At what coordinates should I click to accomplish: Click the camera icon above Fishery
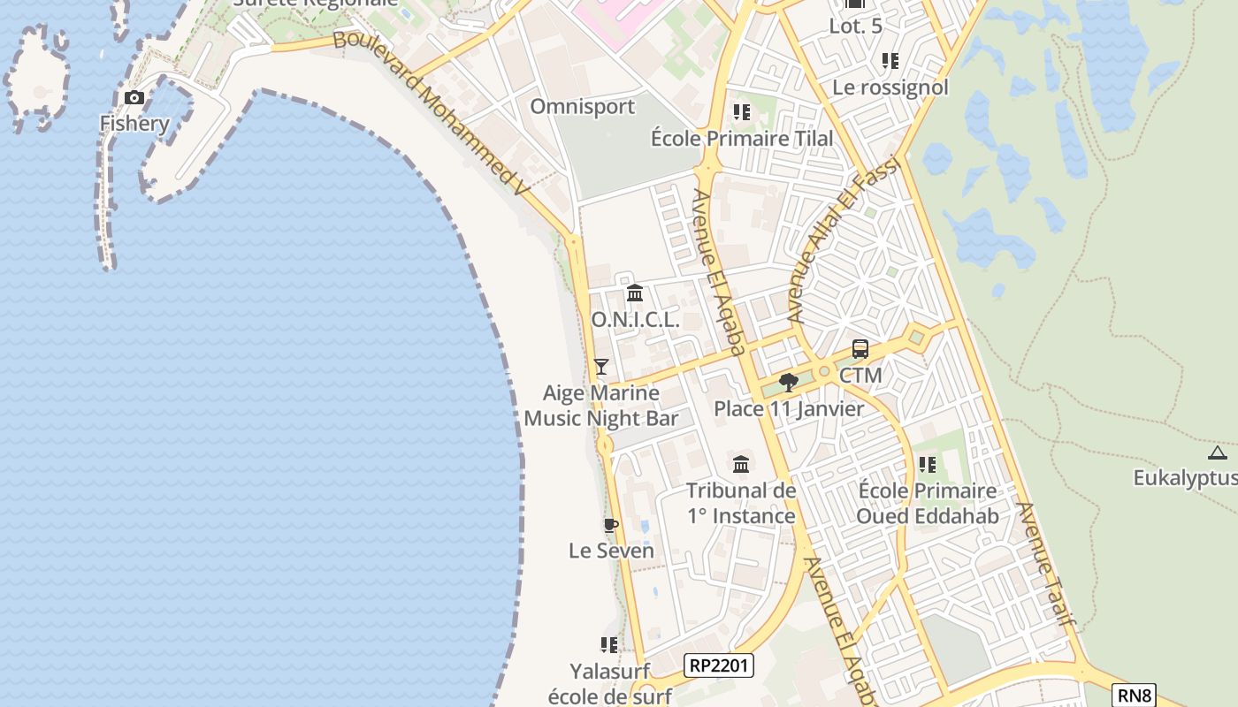pyautogui.click(x=134, y=98)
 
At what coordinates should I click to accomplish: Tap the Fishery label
pyautogui.click(x=134, y=123)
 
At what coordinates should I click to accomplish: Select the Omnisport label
pyautogui.click(x=582, y=107)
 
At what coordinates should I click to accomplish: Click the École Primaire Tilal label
pyautogui.click(x=742, y=139)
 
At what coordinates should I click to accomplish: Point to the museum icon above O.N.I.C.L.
pyautogui.click(x=635, y=293)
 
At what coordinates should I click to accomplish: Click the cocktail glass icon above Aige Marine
pyautogui.click(x=601, y=366)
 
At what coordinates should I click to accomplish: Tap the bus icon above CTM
pyautogui.click(x=860, y=349)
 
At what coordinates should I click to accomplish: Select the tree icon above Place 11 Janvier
pyautogui.click(x=789, y=383)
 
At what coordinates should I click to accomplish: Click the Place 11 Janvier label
pyautogui.click(x=789, y=409)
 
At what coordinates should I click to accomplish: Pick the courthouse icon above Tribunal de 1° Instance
pyautogui.click(x=741, y=464)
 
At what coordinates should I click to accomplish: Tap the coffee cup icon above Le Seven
pyautogui.click(x=610, y=526)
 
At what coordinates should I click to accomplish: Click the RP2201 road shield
pyautogui.click(x=720, y=665)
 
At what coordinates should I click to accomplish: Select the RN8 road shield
pyautogui.click(x=1135, y=696)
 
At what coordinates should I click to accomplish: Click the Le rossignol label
pyautogui.click(x=890, y=87)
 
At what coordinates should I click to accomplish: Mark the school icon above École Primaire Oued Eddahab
pyautogui.click(x=927, y=464)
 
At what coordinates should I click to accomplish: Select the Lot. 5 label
pyautogui.click(x=855, y=27)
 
